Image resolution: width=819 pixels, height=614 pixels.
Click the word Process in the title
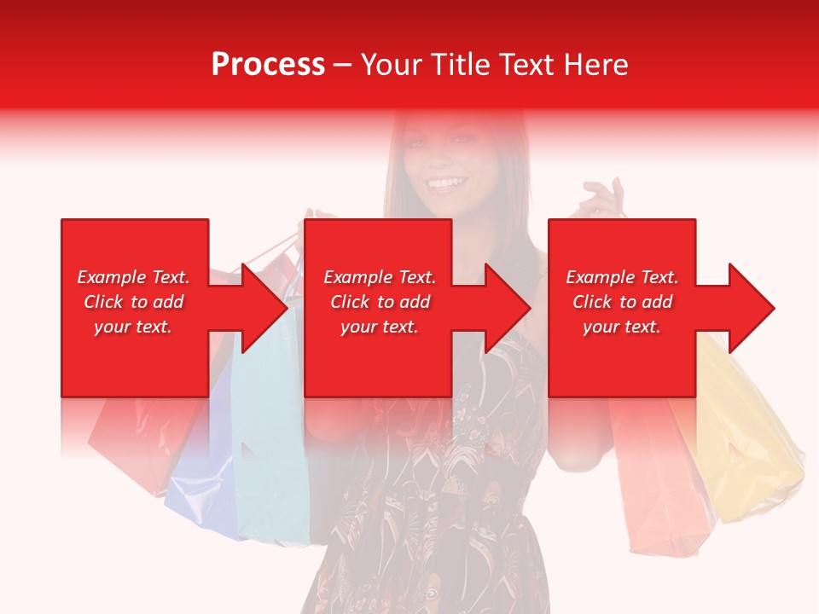[x=268, y=65]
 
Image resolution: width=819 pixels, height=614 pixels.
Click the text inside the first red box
[x=134, y=302]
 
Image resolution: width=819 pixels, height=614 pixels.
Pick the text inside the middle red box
[x=379, y=302]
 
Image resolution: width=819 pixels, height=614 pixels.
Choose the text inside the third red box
[x=622, y=302]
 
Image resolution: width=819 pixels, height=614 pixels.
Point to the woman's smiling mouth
[x=446, y=183]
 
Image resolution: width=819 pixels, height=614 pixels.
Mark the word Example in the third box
[x=596, y=277]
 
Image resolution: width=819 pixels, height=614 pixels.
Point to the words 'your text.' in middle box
[x=379, y=327]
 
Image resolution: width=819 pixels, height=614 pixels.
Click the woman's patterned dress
[x=435, y=512]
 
